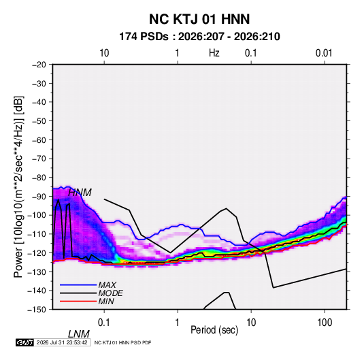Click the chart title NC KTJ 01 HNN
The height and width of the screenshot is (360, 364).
(x=199, y=19)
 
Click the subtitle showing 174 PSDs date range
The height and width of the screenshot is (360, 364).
(x=199, y=37)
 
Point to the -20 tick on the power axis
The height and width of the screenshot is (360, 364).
(x=39, y=65)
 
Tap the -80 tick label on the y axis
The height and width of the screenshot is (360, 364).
(x=39, y=178)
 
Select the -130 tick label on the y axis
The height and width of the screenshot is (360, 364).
(x=37, y=272)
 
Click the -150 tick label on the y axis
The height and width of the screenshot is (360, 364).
(x=37, y=310)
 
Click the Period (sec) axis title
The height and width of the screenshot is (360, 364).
(x=214, y=330)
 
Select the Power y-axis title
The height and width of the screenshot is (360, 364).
(x=18, y=187)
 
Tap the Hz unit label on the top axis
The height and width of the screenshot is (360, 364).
(x=214, y=53)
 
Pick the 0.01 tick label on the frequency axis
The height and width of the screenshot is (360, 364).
(x=324, y=53)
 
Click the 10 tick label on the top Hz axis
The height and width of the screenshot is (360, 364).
(x=104, y=53)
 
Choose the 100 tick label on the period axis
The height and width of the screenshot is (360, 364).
(x=325, y=323)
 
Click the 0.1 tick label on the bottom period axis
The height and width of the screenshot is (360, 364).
(x=104, y=323)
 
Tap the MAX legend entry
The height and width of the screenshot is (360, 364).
(x=107, y=285)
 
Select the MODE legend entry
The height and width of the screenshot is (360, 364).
(x=110, y=293)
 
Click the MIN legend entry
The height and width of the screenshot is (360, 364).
(x=106, y=301)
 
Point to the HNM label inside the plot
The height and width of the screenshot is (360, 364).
(x=80, y=193)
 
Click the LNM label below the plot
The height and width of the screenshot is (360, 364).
(x=79, y=334)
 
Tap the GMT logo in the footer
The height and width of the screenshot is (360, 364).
(x=25, y=342)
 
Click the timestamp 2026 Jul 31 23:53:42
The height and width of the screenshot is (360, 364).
(x=62, y=342)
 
